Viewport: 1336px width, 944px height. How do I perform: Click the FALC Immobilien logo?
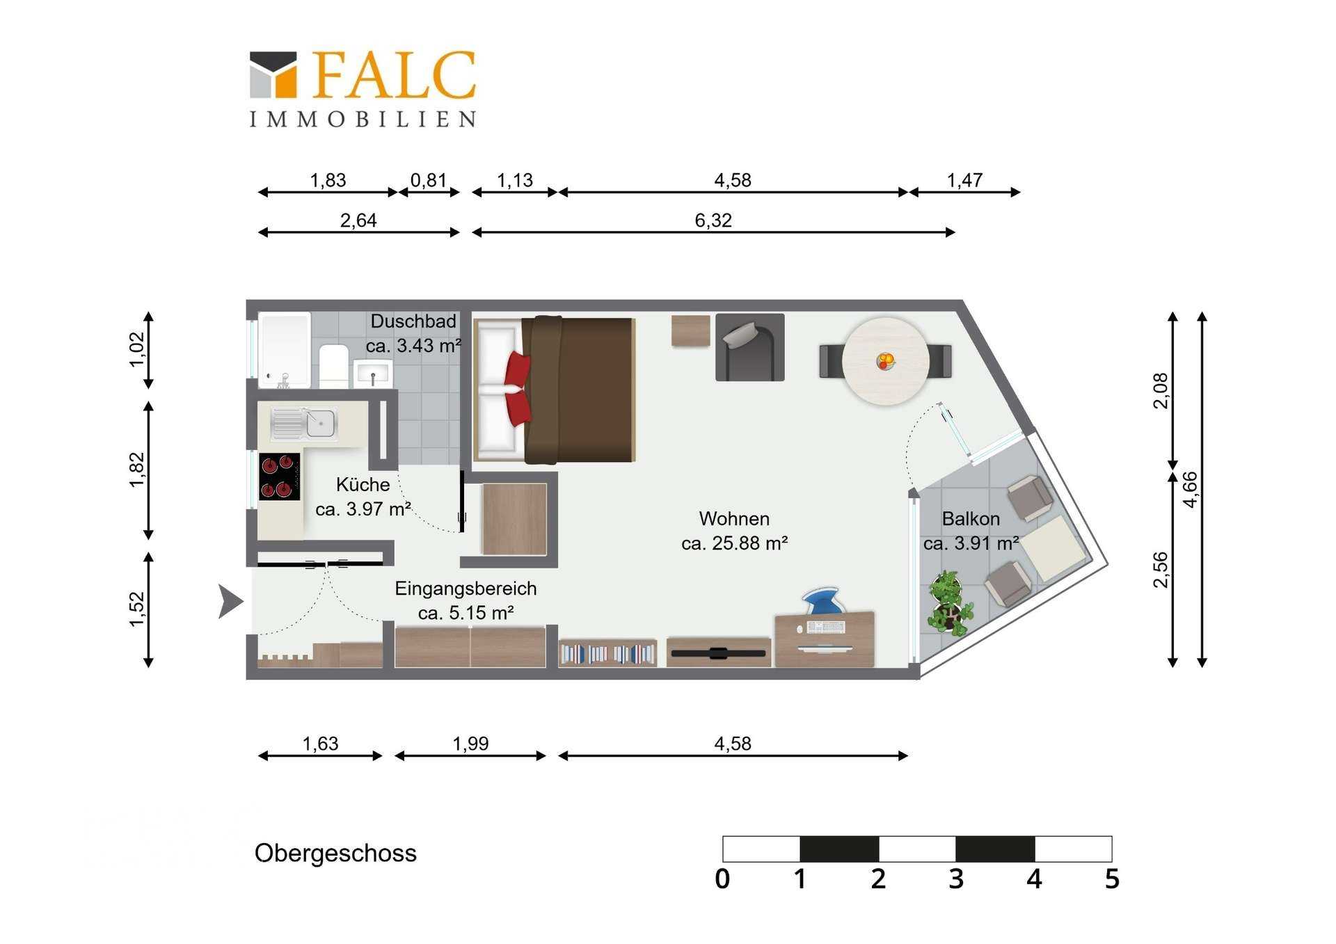pos(363,88)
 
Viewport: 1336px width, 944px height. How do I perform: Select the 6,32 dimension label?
pos(713,221)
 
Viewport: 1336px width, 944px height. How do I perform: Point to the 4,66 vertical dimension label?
pos(1191,490)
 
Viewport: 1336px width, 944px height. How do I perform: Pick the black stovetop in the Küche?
pos(280,477)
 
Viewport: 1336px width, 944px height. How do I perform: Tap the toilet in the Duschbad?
pos(334,366)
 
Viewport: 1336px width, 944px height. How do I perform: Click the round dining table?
pos(885,361)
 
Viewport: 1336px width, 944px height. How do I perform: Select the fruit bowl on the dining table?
pos(885,361)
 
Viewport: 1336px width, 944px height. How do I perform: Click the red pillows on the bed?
pos(517,389)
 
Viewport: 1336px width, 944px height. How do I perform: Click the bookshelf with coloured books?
pos(607,653)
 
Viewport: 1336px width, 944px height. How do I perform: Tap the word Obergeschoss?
pos(335,854)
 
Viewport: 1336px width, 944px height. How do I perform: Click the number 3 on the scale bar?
pos(956,879)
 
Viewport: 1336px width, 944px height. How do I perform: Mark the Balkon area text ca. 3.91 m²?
pos(971,543)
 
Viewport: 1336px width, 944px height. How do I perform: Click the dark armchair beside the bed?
pos(749,347)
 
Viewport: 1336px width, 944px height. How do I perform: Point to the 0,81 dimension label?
pos(428,180)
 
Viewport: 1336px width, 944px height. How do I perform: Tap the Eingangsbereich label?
pos(466,589)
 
